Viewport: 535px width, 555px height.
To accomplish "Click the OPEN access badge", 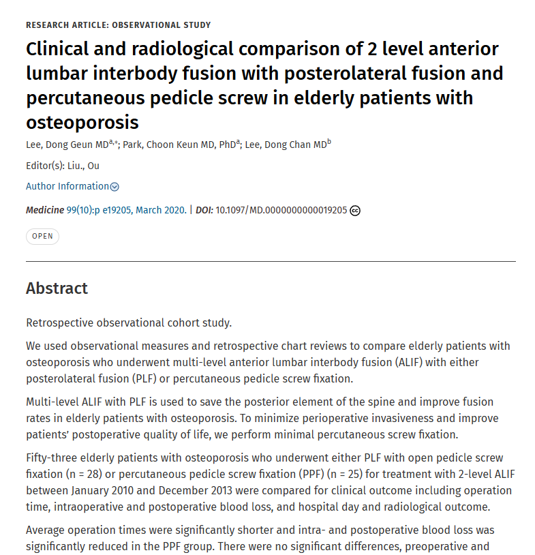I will click(42, 237).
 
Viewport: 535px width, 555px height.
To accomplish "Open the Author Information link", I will click(67, 186).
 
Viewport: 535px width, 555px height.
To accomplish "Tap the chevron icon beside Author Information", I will click(114, 187).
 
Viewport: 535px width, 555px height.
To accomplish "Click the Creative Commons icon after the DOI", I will click(355, 211).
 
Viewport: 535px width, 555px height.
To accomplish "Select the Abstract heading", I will click(57, 288).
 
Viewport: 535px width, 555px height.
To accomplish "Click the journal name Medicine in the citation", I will click(45, 211).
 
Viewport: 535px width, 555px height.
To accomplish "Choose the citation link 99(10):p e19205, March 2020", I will click(126, 211).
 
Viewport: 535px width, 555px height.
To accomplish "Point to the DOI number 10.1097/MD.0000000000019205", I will click(281, 211).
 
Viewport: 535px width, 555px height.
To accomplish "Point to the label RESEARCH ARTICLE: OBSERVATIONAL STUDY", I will click(118, 25).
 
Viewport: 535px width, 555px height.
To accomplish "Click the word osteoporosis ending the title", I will click(82, 123).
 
